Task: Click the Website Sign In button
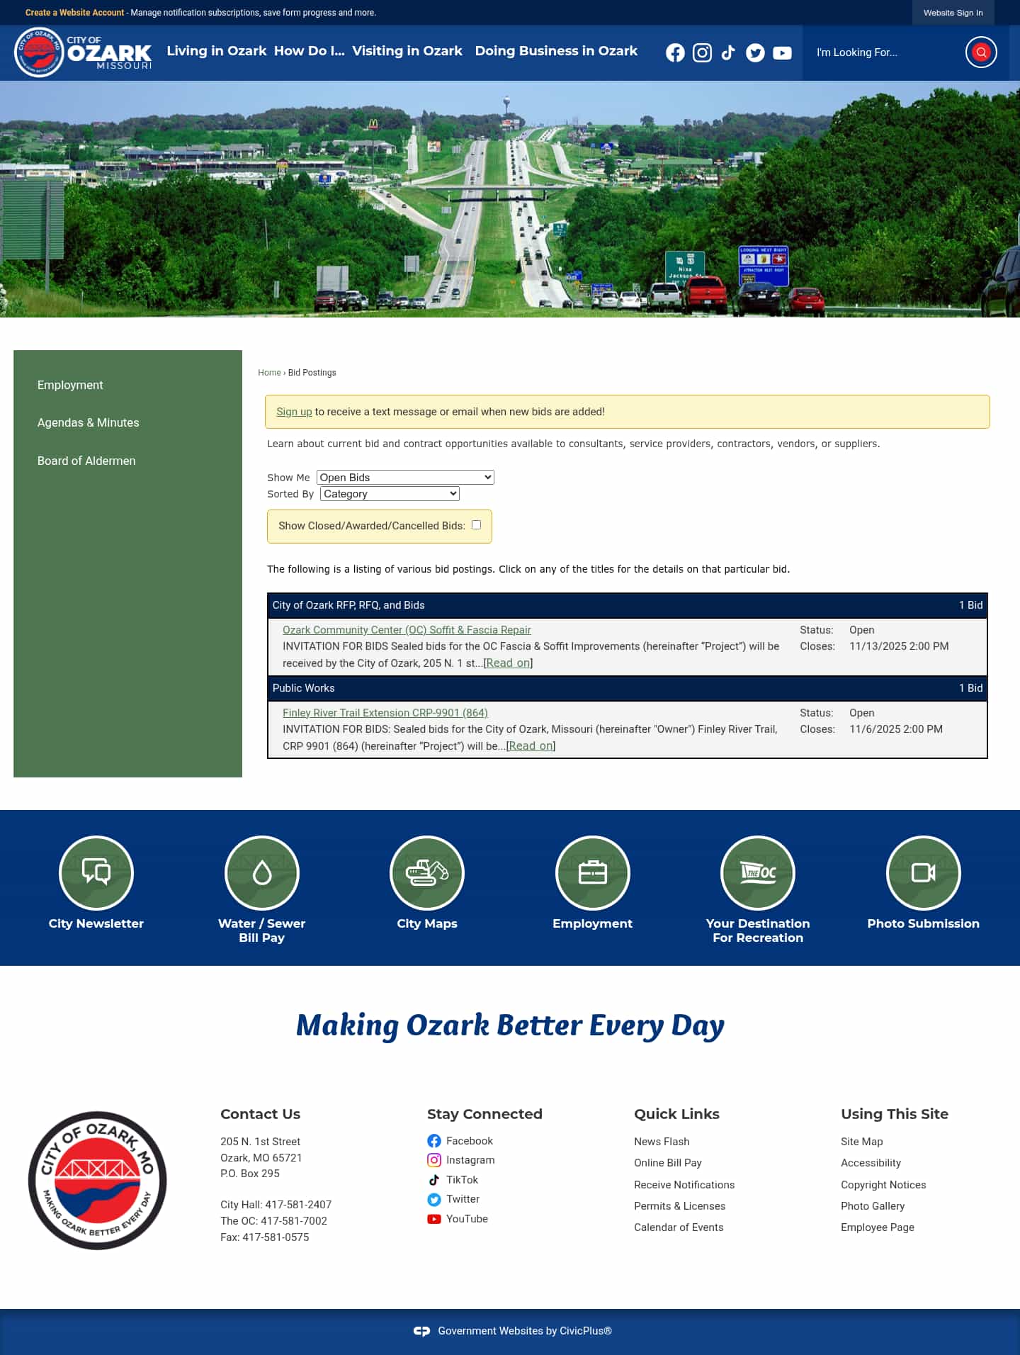point(953,13)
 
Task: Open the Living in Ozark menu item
point(216,51)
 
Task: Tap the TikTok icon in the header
point(728,52)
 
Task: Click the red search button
point(981,52)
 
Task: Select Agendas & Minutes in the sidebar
point(88,422)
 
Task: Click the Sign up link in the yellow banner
point(294,412)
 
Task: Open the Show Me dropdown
point(405,478)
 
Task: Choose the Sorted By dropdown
point(390,494)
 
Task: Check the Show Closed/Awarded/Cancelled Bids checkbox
point(477,525)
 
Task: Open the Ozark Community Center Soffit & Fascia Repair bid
point(407,630)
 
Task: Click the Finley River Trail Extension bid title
point(385,713)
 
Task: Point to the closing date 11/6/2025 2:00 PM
point(896,729)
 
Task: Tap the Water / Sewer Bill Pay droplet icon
point(262,872)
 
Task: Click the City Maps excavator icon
point(427,872)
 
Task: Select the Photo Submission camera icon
point(923,872)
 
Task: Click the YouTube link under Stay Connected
point(467,1219)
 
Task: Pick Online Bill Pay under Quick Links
point(668,1163)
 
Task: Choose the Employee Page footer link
point(878,1227)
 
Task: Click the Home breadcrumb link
point(269,373)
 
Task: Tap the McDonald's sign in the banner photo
point(373,125)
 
